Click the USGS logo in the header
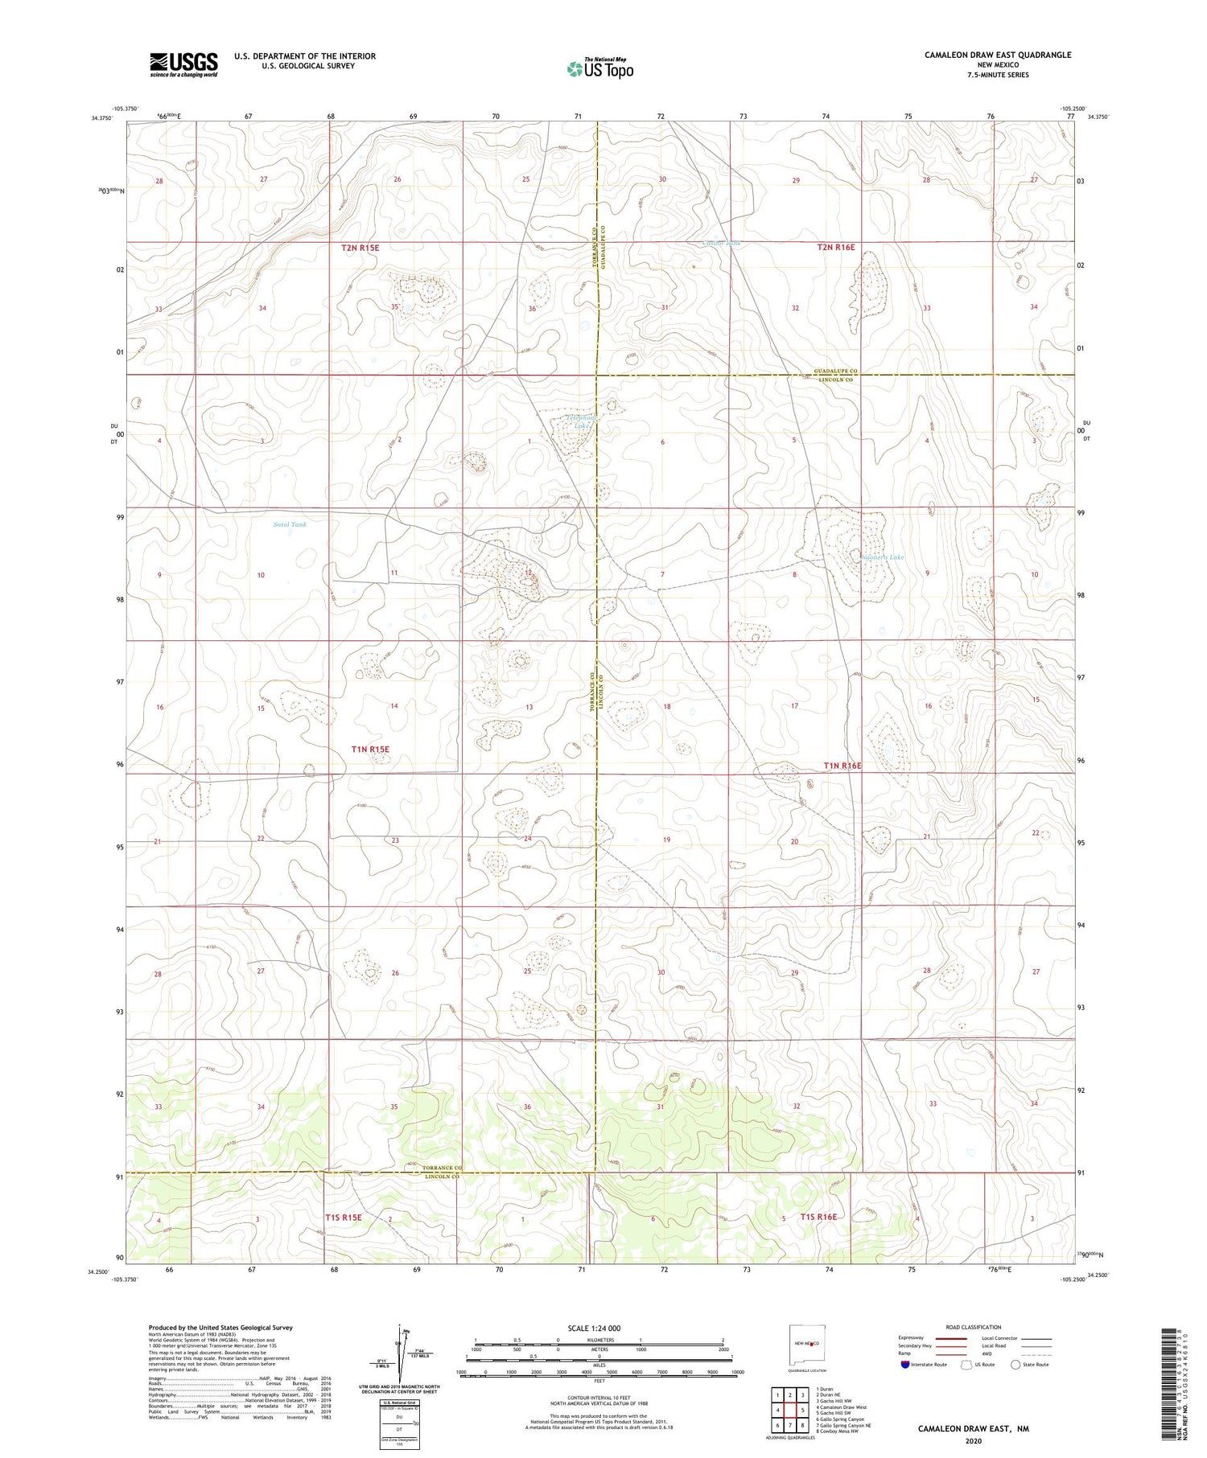tap(183, 64)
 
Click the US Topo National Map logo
tap(600, 68)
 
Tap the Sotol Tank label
tap(290, 524)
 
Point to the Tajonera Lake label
tap(882, 557)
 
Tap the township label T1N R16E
tap(842, 766)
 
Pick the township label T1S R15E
tap(344, 1218)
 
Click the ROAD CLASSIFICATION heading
tap(974, 1327)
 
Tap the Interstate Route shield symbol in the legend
tap(905, 1365)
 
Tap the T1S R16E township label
tap(819, 1217)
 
